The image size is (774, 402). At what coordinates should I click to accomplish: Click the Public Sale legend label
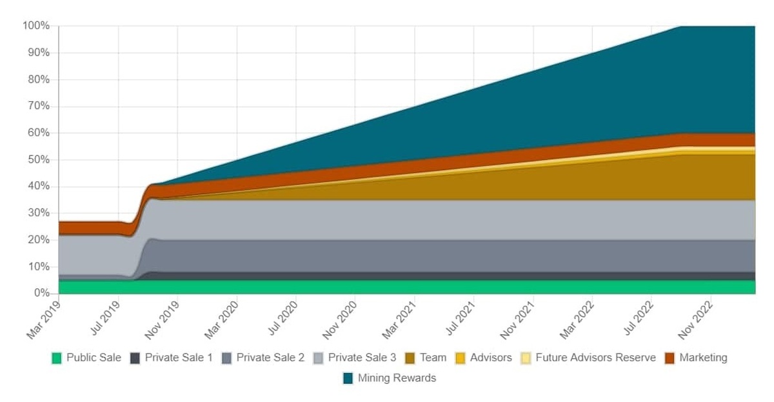(94, 357)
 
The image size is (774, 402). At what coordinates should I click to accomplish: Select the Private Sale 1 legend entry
(179, 357)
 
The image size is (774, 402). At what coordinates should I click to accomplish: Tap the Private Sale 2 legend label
(270, 357)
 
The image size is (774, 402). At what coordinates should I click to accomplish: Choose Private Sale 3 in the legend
(362, 357)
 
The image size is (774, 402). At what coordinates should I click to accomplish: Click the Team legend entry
(433, 357)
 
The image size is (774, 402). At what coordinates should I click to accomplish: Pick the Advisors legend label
(491, 357)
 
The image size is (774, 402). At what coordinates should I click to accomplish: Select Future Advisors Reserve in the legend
(595, 357)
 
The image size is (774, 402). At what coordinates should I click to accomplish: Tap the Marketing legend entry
(703, 357)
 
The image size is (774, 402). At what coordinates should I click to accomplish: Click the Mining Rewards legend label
(397, 378)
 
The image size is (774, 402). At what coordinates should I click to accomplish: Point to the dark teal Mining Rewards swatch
(348, 378)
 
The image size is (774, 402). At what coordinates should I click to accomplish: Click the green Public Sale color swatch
(57, 358)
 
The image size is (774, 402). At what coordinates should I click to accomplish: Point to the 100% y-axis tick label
(36, 26)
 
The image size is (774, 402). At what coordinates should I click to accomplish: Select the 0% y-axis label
(41, 294)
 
